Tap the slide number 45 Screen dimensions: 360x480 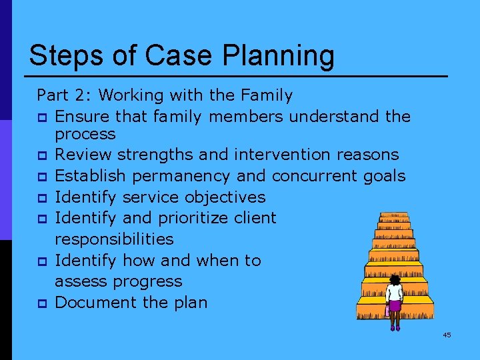click(447, 335)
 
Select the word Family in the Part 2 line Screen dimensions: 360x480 click(266, 95)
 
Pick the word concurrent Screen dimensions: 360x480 click(313, 176)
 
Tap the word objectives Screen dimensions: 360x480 click(225, 197)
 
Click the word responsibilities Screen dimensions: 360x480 click(114, 239)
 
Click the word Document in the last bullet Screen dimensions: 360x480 click(91, 302)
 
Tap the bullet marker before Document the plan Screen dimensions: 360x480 click(41, 303)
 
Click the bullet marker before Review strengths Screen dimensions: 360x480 click(41, 156)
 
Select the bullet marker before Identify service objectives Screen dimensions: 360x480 click(41, 199)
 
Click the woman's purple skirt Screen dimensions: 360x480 click(395, 306)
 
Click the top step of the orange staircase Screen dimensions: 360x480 click(393, 216)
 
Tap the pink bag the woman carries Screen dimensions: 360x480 click(387, 311)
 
